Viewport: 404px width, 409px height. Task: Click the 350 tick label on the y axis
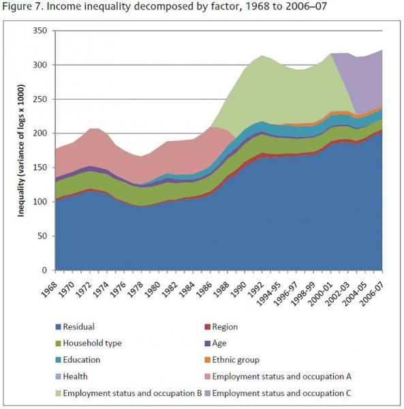[40, 31]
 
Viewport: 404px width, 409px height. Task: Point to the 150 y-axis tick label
[40, 168]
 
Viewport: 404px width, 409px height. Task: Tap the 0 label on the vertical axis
[44, 270]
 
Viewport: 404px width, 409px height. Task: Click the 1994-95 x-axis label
[268, 294]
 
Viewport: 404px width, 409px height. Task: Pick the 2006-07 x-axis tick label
[371, 294]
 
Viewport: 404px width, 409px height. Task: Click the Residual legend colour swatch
[58, 327]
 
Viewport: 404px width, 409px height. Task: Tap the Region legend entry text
[225, 327]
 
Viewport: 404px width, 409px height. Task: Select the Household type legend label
[92, 344]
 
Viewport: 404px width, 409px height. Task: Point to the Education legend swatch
[58, 360]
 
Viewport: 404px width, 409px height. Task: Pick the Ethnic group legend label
[236, 360]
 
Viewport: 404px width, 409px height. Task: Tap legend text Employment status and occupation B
[132, 393]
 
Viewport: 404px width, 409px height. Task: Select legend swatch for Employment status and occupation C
[208, 393]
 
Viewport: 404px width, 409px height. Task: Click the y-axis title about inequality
[20, 151]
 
